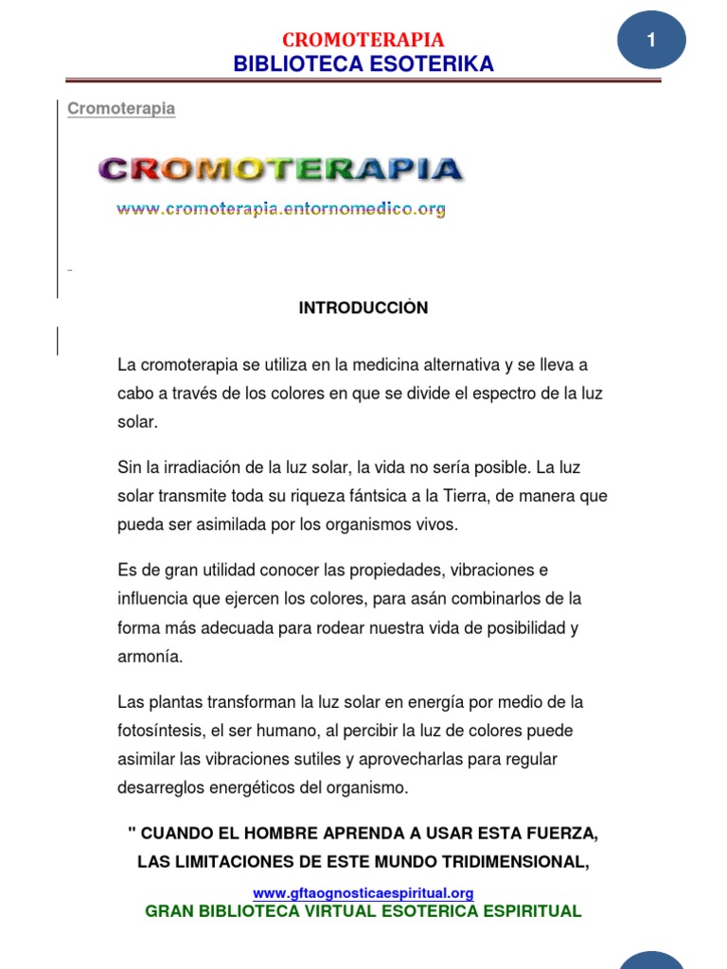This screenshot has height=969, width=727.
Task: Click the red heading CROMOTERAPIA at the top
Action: coord(363,40)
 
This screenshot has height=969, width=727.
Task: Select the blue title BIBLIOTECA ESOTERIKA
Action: coord(363,64)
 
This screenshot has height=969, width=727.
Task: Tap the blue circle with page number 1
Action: coord(651,40)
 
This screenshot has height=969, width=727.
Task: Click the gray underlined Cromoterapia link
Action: coord(121,109)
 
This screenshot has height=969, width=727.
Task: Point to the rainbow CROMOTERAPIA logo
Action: coord(280,169)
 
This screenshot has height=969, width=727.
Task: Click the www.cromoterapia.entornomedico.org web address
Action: coord(280,209)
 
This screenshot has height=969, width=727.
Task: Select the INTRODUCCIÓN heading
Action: coord(363,308)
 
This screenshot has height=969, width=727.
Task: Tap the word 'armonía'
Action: coord(150,656)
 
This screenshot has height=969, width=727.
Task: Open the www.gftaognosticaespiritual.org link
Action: coord(363,892)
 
